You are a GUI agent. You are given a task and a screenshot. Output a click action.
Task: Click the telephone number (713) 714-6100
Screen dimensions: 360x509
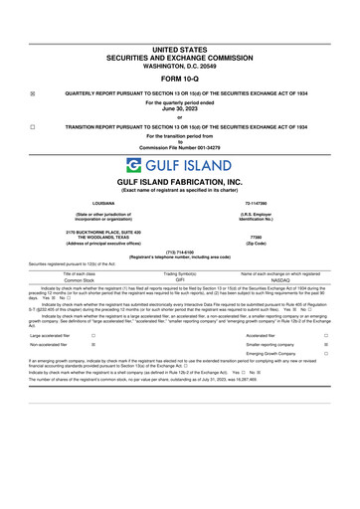[x=180, y=252]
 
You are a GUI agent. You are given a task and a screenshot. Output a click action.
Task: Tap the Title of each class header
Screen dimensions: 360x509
[x=78, y=272]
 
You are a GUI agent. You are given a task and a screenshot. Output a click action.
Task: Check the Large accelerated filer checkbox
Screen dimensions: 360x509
[x=92, y=337]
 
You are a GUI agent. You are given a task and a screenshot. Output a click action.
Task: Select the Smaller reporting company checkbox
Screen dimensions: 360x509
[x=326, y=346]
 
